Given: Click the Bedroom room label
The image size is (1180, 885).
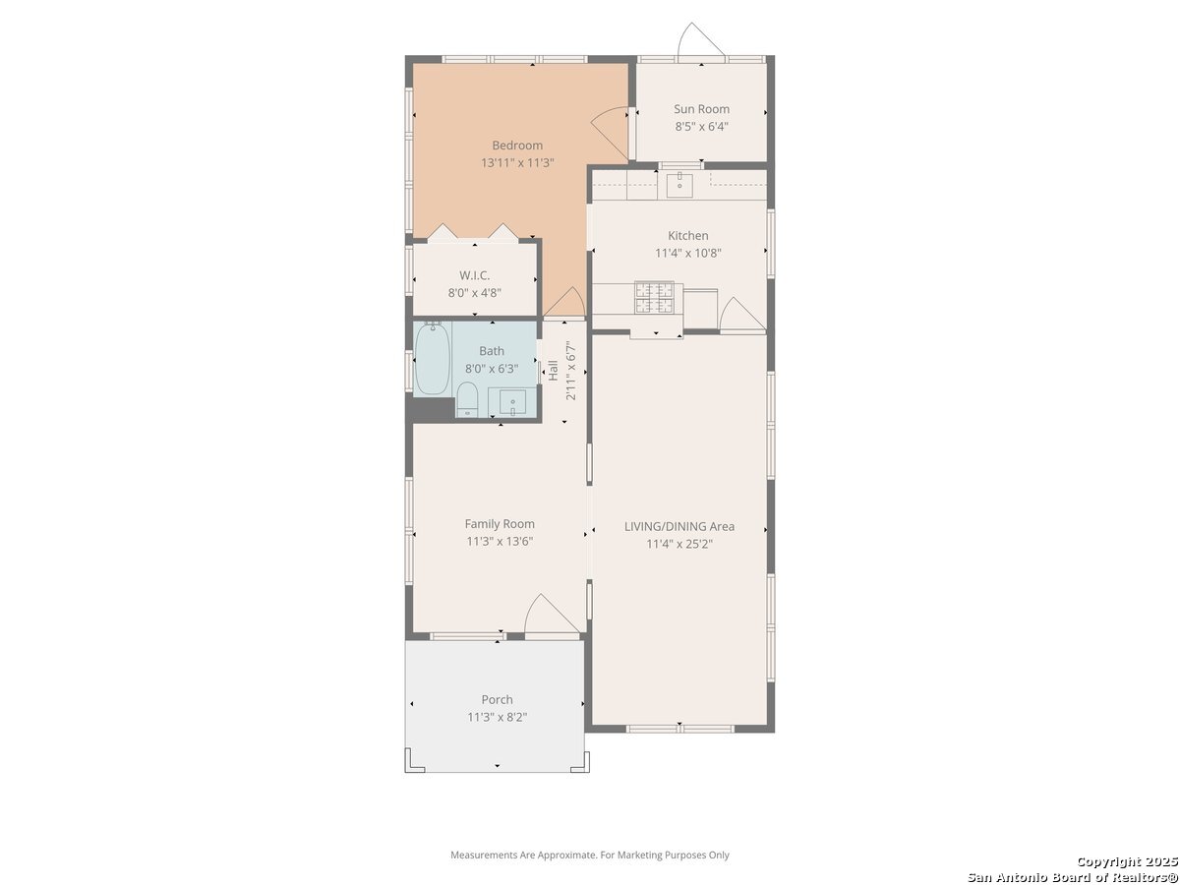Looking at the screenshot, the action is click(517, 146).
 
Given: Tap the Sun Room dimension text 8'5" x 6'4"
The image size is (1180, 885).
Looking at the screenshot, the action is click(701, 127).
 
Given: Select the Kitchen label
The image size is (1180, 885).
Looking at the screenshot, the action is click(687, 235).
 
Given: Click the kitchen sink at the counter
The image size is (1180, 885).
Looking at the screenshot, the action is click(679, 184).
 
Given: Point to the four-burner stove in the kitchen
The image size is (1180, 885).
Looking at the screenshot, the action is click(654, 298).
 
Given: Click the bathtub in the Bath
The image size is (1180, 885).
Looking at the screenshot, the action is click(432, 358).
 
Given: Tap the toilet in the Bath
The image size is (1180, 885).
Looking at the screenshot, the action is click(467, 398).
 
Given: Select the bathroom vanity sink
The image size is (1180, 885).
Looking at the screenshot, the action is click(512, 401).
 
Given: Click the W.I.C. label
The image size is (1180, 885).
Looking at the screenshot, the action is click(474, 275).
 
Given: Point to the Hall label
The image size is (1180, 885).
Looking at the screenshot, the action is click(554, 371).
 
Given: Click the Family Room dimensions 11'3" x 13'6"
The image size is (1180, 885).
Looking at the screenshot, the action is click(500, 541).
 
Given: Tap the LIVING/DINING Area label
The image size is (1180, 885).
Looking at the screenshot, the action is click(678, 527).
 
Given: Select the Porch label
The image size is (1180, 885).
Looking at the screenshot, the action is click(497, 699).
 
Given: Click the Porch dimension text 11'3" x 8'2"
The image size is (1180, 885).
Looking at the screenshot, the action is click(497, 718).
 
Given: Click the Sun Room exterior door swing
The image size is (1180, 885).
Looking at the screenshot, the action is click(700, 39).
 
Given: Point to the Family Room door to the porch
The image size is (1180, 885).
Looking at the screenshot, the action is click(555, 615).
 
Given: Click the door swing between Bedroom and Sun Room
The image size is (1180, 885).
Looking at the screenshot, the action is click(610, 132).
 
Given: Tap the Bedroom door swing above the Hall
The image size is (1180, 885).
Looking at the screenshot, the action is click(563, 302).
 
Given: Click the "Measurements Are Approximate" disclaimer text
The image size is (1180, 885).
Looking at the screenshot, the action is click(590, 855).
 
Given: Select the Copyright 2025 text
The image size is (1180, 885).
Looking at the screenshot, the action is click(1127, 861).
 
